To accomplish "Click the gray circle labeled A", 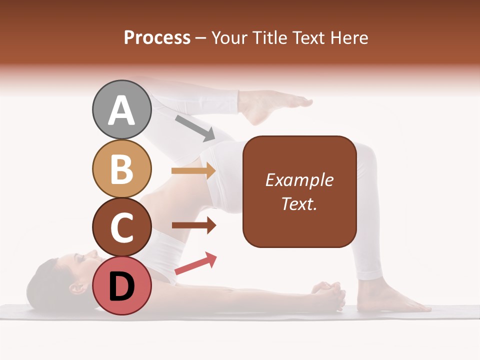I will click(x=121, y=110).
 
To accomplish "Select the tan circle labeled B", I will click(x=121, y=168).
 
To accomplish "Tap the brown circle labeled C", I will click(x=121, y=227).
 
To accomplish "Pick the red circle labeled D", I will click(x=121, y=285).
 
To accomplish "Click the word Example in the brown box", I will click(x=299, y=180).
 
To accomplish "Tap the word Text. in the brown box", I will click(x=299, y=203).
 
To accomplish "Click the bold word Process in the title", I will click(x=157, y=37).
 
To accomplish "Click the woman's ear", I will click(x=76, y=288).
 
